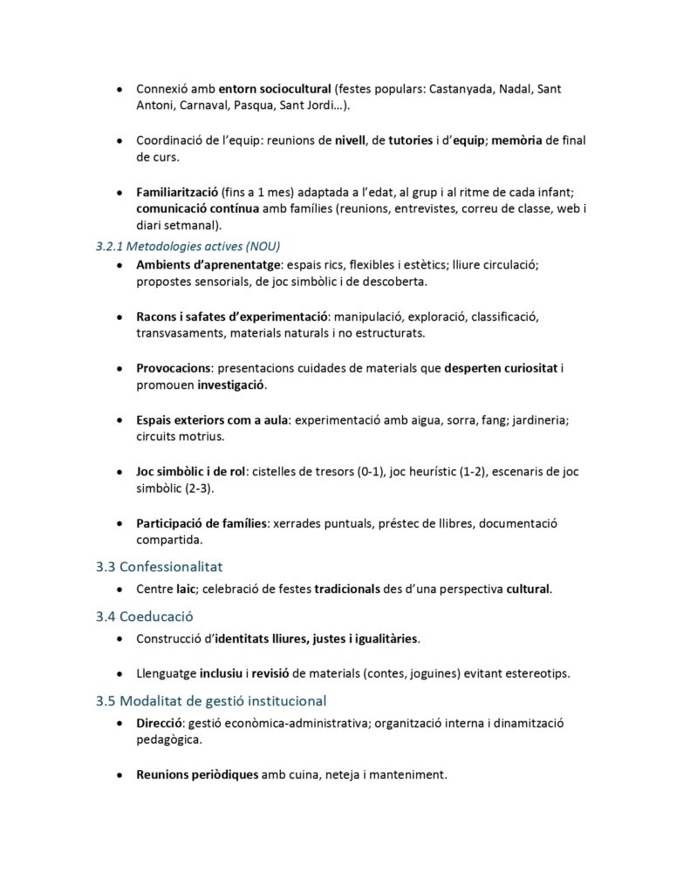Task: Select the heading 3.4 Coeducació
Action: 145,617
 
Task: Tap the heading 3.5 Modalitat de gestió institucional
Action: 212,700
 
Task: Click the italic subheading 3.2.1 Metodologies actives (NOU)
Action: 188,246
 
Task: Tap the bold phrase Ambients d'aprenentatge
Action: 208,264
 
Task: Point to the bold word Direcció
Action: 160,723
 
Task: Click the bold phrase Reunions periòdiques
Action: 197,774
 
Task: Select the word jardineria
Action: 531,419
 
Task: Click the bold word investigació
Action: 231,385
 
